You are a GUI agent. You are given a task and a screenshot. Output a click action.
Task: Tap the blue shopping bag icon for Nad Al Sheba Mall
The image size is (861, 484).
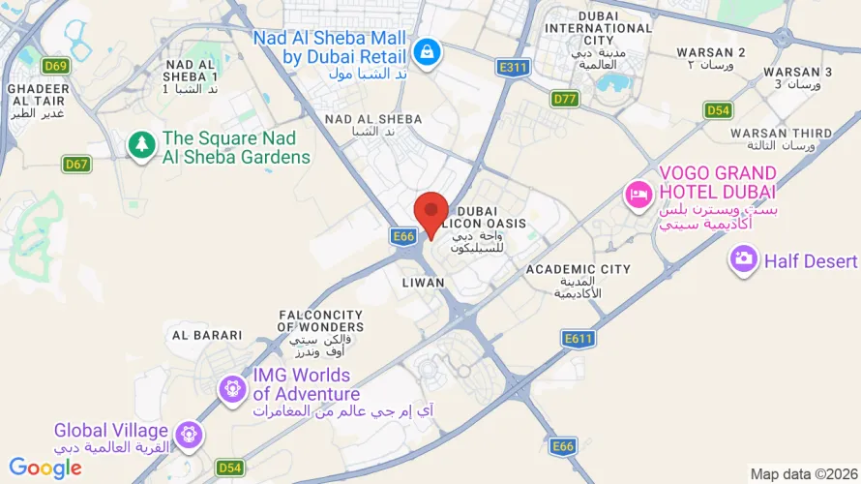click(426, 51)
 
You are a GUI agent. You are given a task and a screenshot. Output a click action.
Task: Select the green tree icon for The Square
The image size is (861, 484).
click(142, 146)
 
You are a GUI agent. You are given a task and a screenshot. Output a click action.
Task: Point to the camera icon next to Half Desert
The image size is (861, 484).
click(743, 260)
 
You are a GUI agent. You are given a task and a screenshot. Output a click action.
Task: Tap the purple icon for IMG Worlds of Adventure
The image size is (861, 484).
click(232, 389)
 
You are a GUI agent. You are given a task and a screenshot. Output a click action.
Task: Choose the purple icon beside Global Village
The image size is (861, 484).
click(190, 433)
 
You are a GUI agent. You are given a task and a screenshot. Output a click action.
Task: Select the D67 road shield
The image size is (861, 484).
click(76, 165)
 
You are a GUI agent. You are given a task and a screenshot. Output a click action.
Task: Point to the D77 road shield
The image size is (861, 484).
click(564, 99)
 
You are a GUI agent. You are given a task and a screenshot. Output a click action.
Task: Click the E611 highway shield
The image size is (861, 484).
click(578, 338)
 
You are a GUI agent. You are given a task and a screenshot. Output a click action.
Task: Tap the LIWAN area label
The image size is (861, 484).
click(423, 283)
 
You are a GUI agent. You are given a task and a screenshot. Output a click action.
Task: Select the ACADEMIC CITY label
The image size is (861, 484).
click(579, 270)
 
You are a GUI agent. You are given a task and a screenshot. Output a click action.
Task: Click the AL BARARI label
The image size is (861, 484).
click(207, 335)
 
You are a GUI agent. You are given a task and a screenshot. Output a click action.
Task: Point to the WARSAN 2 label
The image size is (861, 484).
click(711, 51)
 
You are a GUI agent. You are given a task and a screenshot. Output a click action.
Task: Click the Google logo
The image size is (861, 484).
click(45, 469)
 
